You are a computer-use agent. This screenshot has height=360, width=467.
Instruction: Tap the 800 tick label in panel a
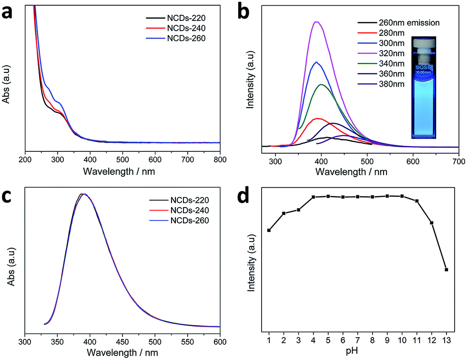pyautogui.click(x=220, y=160)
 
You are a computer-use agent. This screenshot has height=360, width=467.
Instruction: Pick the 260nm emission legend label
pyautogui.click(x=409, y=22)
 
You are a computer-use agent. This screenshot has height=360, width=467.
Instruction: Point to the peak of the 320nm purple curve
pyautogui.click(x=316, y=22)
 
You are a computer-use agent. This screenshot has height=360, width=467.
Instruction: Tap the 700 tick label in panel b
pyautogui.click(x=458, y=161)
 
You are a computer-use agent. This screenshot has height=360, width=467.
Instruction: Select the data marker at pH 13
pyautogui.click(x=446, y=270)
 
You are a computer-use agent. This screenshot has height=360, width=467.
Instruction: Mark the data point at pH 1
pyautogui.click(x=269, y=230)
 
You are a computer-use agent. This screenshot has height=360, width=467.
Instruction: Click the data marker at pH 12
pyautogui.click(x=431, y=222)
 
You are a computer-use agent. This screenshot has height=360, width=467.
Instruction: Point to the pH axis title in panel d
pyautogui.click(x=352, y=351)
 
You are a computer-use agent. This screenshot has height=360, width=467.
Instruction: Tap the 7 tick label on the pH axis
pyautogui.click(x=358, y=340)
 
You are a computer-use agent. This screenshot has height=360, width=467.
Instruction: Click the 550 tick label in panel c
pyautogui.click(x=187, y=342)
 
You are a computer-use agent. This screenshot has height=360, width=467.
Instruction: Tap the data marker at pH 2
pyautogui.click(x=284, y=213)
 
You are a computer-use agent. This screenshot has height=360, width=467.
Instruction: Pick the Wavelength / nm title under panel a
pyautogui.click(x=119, y=171)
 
